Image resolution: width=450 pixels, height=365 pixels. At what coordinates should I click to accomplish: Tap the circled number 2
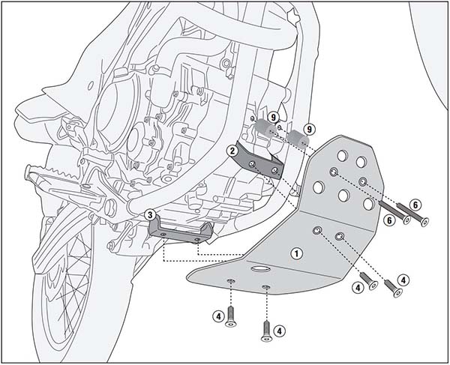[234, 151]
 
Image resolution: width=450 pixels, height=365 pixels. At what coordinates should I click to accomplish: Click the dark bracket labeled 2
[259, 163]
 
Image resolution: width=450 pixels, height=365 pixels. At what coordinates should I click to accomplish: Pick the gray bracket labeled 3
[180, 231]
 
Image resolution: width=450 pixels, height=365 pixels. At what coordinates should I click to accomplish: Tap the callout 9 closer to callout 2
[273, 116]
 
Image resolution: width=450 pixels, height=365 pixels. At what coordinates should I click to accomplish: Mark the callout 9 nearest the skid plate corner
[309, 129]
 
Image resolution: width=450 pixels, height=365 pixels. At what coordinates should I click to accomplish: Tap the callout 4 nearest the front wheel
[217, 316]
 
